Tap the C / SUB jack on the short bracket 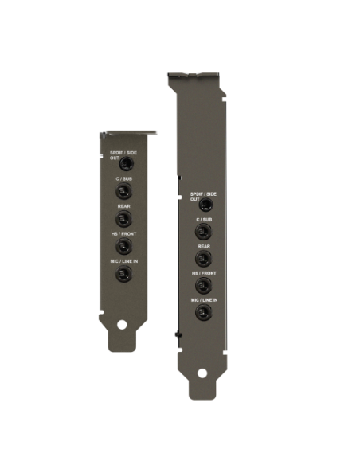coord(123,191)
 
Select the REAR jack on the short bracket coord(123,219)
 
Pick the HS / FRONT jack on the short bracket coord(123,246)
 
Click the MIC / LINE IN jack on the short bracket coord(123,274)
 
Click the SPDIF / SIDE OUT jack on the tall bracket coord(206,205)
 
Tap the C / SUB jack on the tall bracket coord(203,232)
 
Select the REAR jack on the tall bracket coord(203,259)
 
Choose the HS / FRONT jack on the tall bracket coord(203,285)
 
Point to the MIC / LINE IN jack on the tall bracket coord(203,312)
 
